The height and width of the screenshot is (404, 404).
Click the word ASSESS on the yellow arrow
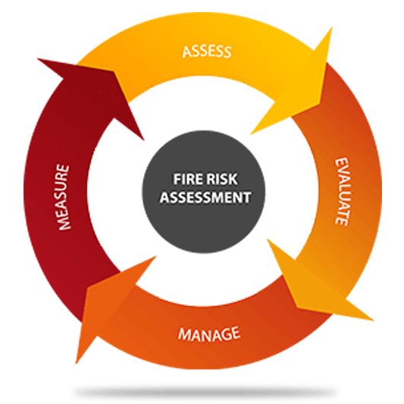click(x=207, y=52)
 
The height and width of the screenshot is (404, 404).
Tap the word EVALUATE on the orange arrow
click(x=342, y=192)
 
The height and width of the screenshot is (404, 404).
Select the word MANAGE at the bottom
click(x=209, y=334)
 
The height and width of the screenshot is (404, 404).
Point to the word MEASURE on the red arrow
click(x=64, y=197)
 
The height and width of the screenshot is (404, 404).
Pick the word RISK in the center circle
click(x=222, y=179)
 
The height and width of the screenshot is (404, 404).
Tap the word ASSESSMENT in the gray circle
click(x=205, y=197)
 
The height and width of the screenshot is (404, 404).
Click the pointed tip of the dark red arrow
click(x=39, y=59)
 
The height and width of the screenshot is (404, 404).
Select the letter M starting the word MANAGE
click(x=183, y=335)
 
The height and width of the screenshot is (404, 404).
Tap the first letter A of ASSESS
click(x=186, y=52)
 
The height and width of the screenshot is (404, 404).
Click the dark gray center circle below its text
click(x=204, y=227)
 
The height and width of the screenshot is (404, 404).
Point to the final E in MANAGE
click(x=236, y=333)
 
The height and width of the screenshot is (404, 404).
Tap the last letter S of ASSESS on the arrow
click(x=227, y=52)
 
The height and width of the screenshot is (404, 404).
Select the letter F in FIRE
click(x=177, y=179)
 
